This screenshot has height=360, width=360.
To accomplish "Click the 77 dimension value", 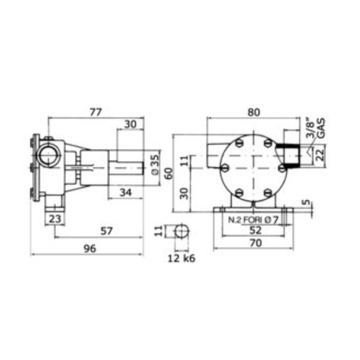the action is point(95,112).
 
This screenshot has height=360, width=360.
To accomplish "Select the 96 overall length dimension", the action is point(90,248).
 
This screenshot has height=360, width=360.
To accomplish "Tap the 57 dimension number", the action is point(107,231).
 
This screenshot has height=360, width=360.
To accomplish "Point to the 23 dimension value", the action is point(55,219).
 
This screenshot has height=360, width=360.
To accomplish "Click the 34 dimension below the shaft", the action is point(125,193).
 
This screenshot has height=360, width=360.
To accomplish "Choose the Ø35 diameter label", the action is point(155,164).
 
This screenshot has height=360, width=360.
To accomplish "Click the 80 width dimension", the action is point(254,112).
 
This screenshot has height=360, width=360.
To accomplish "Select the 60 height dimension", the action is point(169,174).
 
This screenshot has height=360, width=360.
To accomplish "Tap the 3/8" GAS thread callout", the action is point(315,128).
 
